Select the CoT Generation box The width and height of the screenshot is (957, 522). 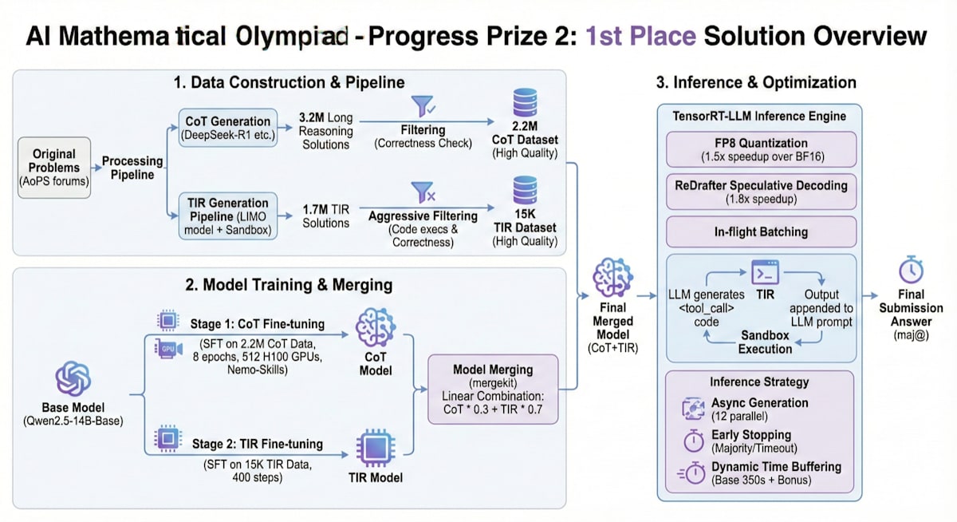coord(227,128)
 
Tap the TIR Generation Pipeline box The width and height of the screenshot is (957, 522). coord(227,214)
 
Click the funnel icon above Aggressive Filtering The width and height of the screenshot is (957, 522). coord(422,193)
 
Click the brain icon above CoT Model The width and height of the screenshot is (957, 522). coord(375,328)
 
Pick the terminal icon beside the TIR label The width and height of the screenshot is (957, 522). coord(765,271)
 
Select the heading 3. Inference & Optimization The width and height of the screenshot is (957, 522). coord(756,82)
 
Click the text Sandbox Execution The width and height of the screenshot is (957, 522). coord(765,342)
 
